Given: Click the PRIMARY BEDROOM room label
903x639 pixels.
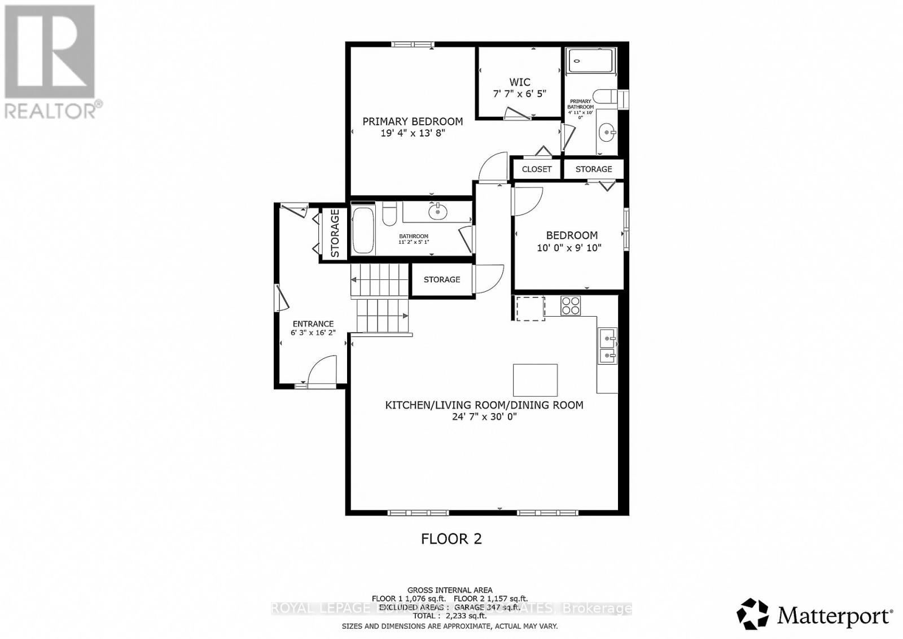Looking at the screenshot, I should [412, 121].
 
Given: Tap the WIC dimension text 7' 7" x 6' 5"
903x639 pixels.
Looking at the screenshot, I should [519, 94].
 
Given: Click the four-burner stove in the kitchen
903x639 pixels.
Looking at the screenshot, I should [571, 306].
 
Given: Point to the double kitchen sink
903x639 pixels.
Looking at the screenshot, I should [607, 347].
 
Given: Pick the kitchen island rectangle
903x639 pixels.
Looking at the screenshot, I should [535, 380].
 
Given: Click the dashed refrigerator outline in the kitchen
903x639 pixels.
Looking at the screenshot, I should [530, 309].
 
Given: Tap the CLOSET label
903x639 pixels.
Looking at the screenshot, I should [537, 169].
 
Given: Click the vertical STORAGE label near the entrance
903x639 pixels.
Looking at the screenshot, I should [335, 233].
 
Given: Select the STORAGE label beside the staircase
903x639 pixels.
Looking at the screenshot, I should [442, 279].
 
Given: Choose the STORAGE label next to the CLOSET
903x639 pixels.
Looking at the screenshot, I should [594, 169].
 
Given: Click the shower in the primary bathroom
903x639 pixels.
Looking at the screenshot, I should [590, 60].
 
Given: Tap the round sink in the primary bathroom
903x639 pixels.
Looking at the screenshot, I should [607, 134].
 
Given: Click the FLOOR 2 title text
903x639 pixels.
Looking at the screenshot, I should [451, 539].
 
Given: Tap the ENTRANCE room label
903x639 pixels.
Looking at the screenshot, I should [313, 324].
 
